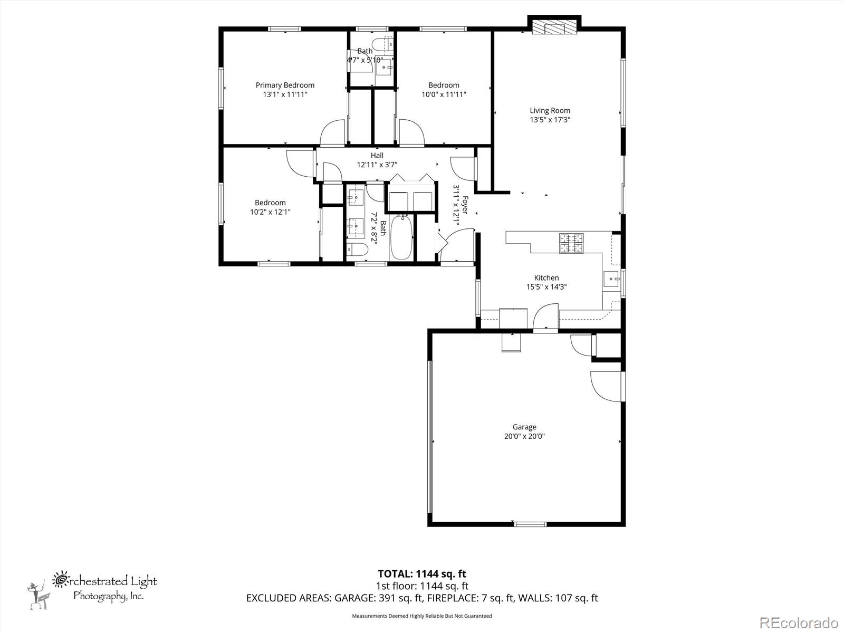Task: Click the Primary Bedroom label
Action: pos(285,85)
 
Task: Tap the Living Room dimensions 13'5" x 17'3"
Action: pos(550,120)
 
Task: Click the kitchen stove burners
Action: pos(571,243)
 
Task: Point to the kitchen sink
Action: pos(611,279)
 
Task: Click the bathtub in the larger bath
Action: pos(401,238)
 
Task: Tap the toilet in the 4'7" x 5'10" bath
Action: pos(382,45)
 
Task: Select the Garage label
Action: pos(524,427)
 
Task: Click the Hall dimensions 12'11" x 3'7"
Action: pos(377,165)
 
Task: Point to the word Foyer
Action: pos(465,205)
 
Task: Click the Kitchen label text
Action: pos(546,277)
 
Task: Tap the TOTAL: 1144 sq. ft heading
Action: pos(422,574)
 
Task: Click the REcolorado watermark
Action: pos(799,622)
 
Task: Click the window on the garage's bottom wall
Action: pos(530,524)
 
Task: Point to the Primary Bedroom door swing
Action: pos(333,133)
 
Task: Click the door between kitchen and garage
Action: pos(545,316)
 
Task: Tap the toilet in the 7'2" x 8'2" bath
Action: pos(357,249)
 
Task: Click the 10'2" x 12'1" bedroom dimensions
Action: pos(270,212)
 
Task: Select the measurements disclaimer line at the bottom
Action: pos(422,616)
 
